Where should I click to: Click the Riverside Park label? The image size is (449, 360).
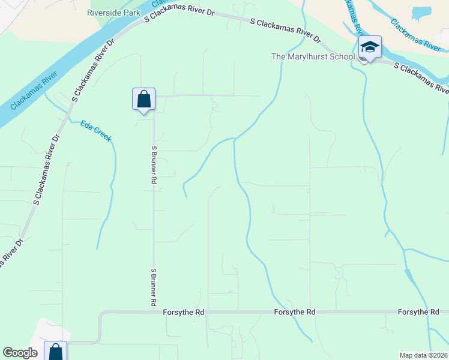point(113,13)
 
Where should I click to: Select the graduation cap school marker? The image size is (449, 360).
point(370,47)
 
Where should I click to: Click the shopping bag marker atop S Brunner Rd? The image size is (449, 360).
point(143,99)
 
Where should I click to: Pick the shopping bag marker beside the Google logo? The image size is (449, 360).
point(55,351)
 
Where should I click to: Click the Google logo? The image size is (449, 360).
point(20,353)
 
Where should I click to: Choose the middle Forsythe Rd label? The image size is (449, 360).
point(295,313)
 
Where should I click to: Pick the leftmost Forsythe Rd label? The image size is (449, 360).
point(184,313)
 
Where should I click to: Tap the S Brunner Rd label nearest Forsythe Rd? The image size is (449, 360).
point(154,287)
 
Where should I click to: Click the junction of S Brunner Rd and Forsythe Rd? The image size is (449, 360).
point(154,312)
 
